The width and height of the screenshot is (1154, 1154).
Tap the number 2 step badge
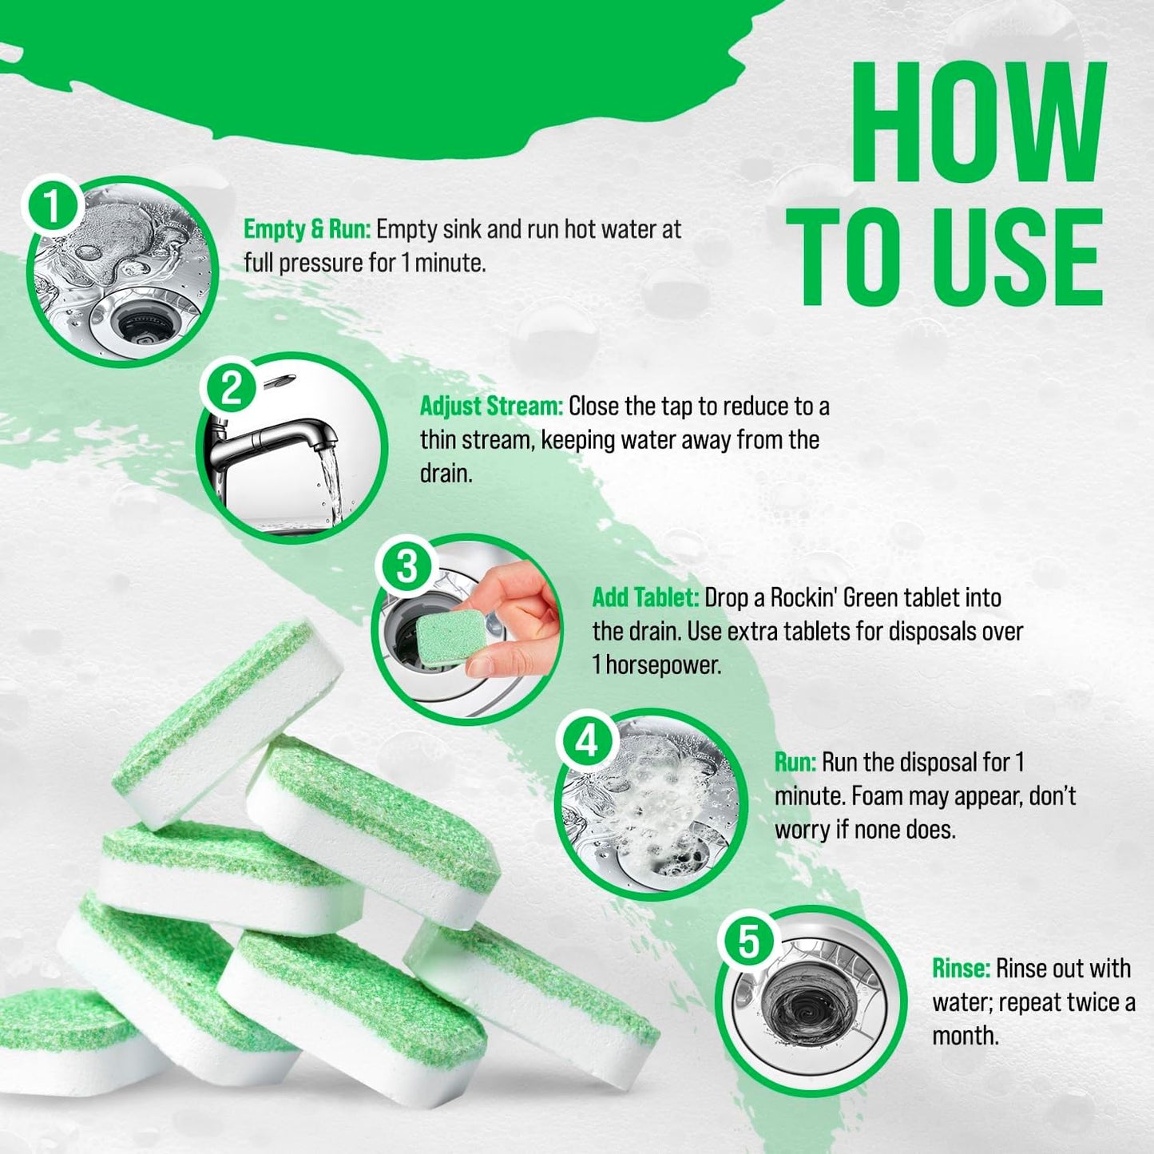point(231,389)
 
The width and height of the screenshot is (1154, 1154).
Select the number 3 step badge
point(406,566)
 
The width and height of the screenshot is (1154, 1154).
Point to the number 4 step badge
point(587,741)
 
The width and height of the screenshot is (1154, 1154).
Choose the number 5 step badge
point(748,941)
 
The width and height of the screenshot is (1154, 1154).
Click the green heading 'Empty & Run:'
point(307,229)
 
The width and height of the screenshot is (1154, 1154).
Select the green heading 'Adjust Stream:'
point(491,406)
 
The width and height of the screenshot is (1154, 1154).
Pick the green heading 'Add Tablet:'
point(645,597)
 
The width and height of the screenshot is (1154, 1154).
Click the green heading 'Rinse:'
point(961,969)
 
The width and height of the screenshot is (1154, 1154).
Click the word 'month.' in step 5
point(965,1036)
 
